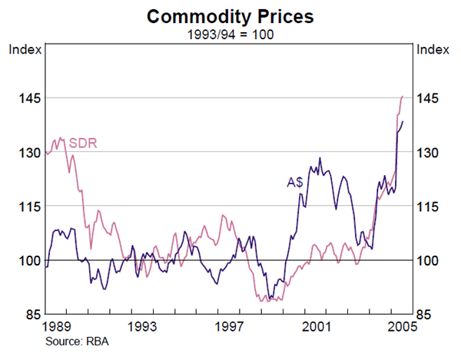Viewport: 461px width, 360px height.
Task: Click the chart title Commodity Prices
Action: click(x=230, y=15)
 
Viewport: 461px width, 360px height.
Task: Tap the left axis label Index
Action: click(x=22, y=49)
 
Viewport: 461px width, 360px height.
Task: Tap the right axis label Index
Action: click(x=433, y=49)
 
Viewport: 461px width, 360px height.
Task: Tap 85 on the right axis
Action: click(x=428, y=315)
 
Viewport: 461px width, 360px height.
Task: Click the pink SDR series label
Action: click(x=82, y=142)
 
